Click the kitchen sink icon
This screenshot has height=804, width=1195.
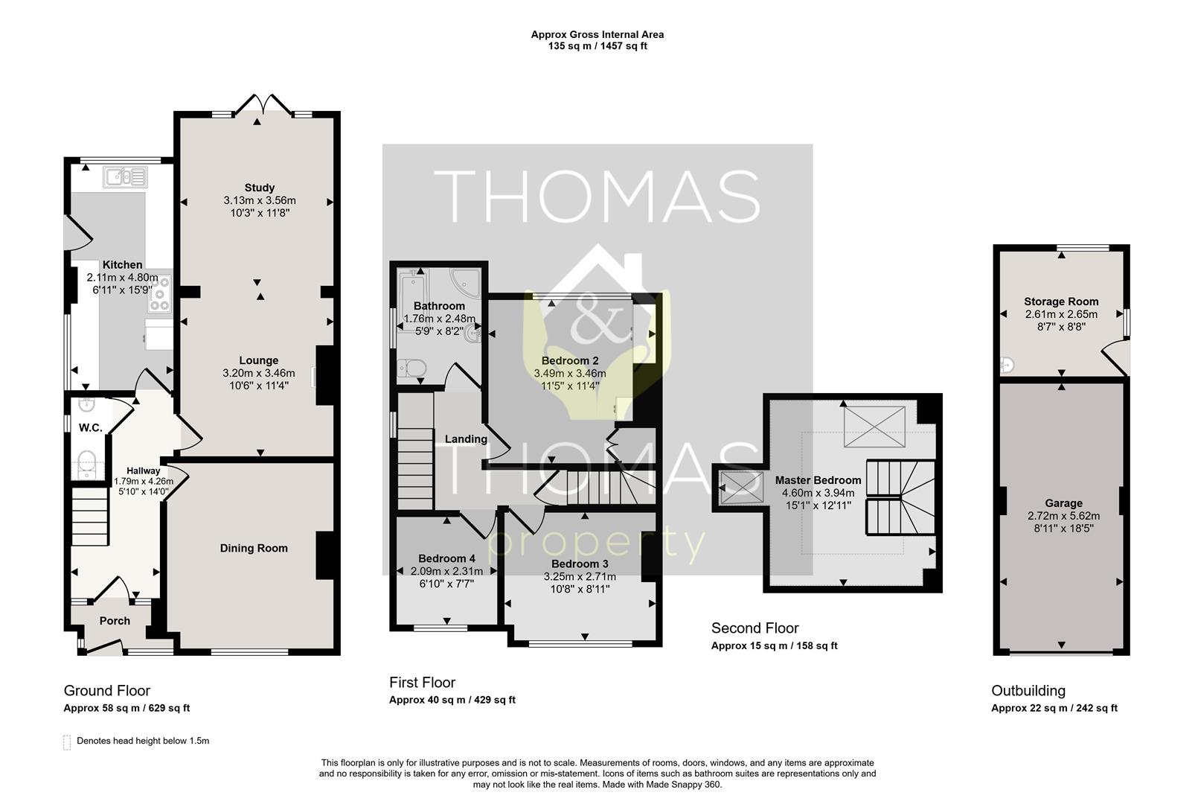coord(125,176)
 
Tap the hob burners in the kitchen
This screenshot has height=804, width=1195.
coord(160,293)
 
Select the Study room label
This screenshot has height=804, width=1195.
coord(259,188)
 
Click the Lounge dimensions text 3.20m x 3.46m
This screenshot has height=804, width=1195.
coord(258,373)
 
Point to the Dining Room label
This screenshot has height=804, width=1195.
coord(254,548)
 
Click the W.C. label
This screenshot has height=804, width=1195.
coord(90,427)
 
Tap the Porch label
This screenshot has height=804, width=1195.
coord(115,621)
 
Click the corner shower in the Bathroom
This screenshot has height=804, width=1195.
coord(466,282)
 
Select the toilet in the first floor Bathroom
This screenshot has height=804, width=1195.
coord(412,368)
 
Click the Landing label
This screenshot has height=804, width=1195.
coord(466,439)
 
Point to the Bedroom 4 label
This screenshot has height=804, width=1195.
coord(446,558)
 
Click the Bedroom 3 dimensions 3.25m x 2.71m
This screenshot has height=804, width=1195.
coord(580,576)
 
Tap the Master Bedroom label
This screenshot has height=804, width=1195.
coord(818,480)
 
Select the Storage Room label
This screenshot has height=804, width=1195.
coord(1061,301)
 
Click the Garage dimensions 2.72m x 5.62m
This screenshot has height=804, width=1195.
coord(1063,516)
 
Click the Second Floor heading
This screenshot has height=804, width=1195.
coord(755,628)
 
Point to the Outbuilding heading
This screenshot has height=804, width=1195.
coord(1028,690)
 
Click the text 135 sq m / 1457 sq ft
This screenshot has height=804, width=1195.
coord(597,46)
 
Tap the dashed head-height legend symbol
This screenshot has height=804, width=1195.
coord(67,741)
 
